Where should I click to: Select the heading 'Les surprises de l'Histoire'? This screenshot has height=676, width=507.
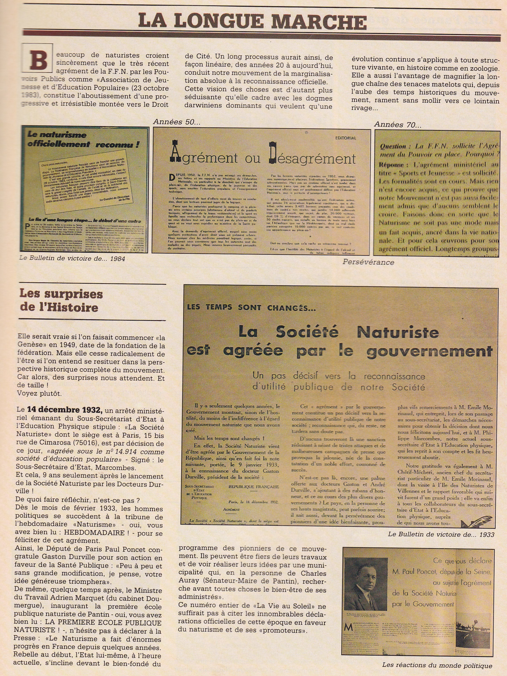[61, 300]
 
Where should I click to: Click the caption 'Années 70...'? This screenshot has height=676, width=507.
[397, 124]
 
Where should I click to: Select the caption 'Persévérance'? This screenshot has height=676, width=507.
[368, 262]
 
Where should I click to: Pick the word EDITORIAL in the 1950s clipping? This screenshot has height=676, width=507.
[346, 138]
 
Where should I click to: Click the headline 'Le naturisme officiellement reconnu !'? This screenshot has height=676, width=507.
[83, 139]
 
